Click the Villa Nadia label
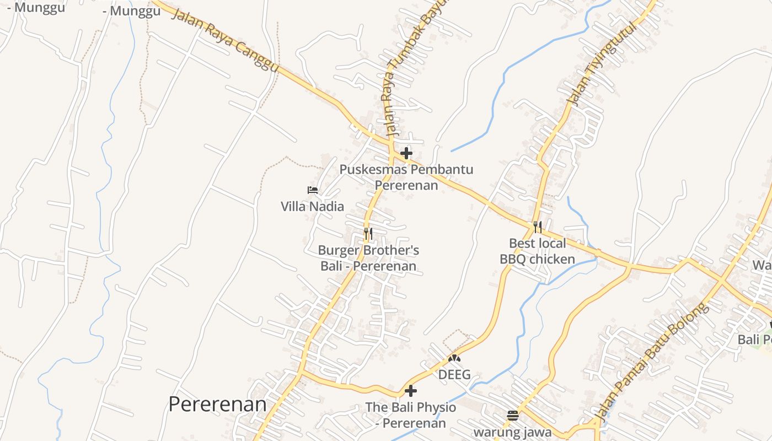click(312, 207)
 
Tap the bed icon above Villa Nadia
click(313, 190)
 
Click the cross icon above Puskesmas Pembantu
click(406, 153)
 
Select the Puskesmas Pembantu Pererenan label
click(406, 177)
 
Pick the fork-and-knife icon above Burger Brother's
click(368, 234)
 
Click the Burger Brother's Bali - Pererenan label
click(368, 258)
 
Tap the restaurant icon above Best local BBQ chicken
click(538, 227)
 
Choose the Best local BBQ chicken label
click(538, 251)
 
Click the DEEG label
click(454, 375)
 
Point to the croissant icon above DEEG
click(454, 358)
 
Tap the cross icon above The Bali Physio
click(411, 391)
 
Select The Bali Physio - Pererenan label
click(411, 415)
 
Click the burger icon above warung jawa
click(513, 415)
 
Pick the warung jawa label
click(513, 432)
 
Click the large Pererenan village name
click(217, 404)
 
